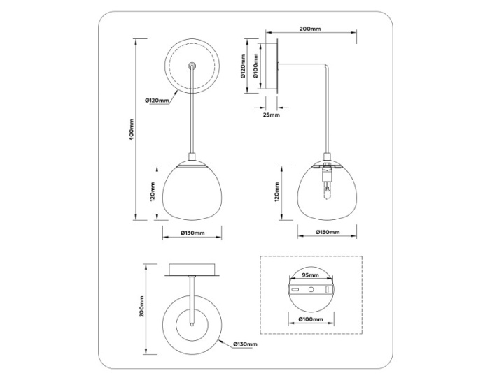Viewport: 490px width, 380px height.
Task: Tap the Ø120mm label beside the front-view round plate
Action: click(157, 101)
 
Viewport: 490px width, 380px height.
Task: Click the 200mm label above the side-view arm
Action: click(309, 29)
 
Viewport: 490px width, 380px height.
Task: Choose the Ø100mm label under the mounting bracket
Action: click(311, 319)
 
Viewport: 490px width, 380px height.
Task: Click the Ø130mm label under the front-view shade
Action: click(192, 232)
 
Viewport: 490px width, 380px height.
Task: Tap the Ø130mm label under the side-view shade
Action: click(328, 232)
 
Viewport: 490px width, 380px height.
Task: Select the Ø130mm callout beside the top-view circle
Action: click(244, 344)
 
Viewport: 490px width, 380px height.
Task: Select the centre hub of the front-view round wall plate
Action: click(192, 66)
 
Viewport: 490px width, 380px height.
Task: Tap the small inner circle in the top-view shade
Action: click(192, 323)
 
